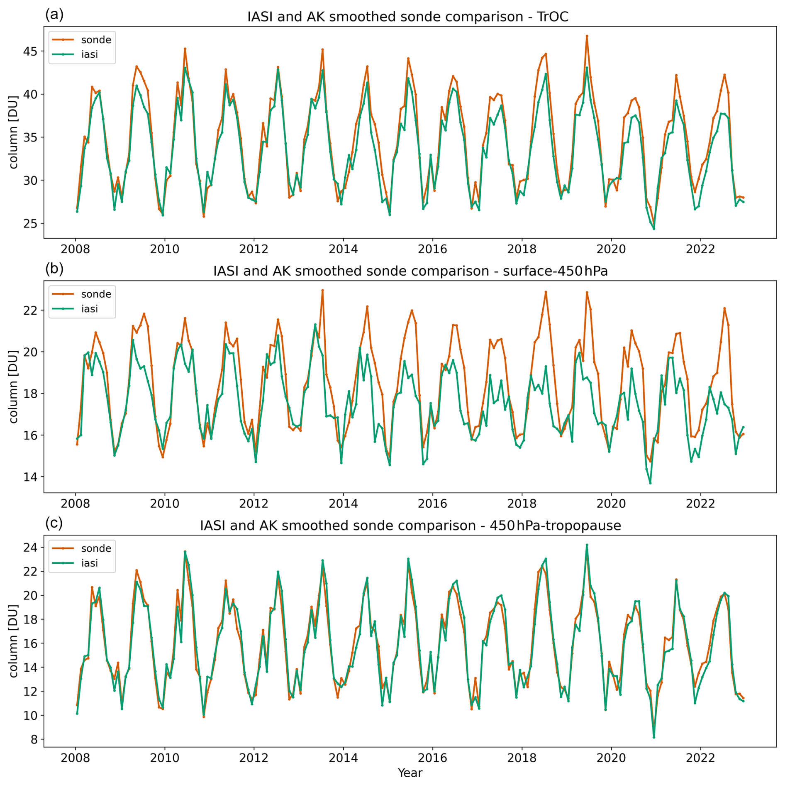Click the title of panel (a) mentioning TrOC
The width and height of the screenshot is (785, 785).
pyautogui.click(x=407, y=17)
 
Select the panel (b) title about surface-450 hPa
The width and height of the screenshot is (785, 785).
pyautogui.click(x=410, y=271)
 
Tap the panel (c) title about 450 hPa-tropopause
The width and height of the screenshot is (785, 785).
pyautogui.click(x=410, y=526)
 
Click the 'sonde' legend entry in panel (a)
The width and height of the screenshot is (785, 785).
pyautogui.click(x=96, y=40)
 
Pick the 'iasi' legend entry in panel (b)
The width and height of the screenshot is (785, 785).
pyautogui.click(x=89, y=309)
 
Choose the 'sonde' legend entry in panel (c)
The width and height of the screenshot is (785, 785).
pyautogui.click(x=96, y=548)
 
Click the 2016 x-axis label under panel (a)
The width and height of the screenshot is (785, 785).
pyautogui.click(x=432, y=249)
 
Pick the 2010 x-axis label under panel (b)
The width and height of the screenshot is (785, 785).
pyautogui.click(x=164, y=504)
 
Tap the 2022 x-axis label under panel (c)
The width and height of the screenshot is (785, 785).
pyautogui.click(x=700, y=758)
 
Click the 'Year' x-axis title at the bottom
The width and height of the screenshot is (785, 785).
pyautogui.click(x=410, y=773)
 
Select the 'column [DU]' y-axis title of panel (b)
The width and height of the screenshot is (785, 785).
pyautogui.click(x=13, y=386)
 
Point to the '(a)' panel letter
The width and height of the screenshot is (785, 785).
pyautogui.click(x=54, y=15)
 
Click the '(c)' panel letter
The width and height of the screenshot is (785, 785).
pyautogui.click(x=54, y=523)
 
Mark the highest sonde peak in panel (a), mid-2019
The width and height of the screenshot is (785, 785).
pyautogui.click(x=587, y=36)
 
